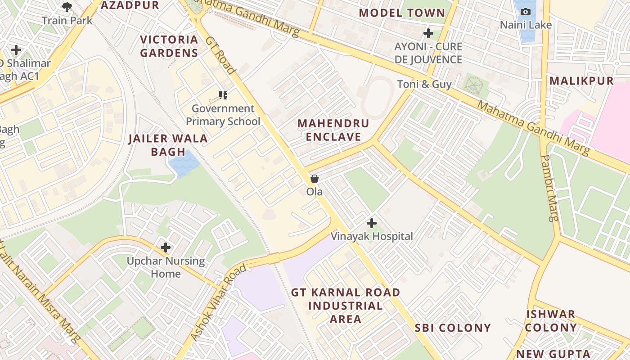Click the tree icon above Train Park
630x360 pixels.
(x=67, y=7)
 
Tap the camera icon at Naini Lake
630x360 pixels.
(x=525, y=12)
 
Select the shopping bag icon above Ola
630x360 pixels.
(x=315, y=179)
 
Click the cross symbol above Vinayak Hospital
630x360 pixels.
(x=372, y=223)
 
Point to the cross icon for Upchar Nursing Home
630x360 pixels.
(x=166, y=247)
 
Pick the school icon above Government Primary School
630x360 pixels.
(x=223, y=95)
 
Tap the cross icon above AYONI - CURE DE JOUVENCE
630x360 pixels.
(x=428, y=33)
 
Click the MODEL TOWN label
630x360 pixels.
(x=402, y=13)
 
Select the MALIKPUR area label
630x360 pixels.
(x=581, y=81)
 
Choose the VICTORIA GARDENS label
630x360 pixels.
(x=169, y=46)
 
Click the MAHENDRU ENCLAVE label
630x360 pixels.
(x=333, y=130)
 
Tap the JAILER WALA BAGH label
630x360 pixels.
(x=168, y=145)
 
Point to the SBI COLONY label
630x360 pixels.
(x=453, y=328)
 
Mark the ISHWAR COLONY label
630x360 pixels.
(x=551, y=321)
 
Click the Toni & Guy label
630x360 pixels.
(x=424, y=84)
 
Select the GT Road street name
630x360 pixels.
(x=220, y=55)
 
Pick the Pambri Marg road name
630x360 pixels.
(x=550, y=188)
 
